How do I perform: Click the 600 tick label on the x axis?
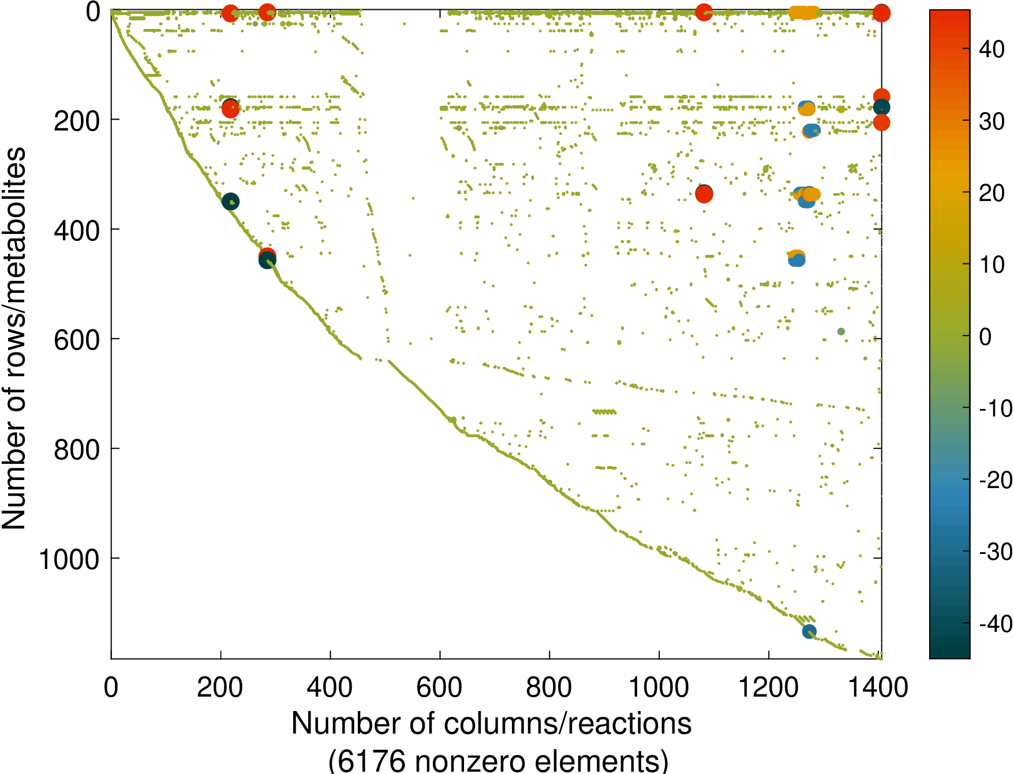(439, 688)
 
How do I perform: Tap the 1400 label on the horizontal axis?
(878, 688)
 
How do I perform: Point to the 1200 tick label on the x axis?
(768, 688)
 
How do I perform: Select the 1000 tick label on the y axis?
(69, 559)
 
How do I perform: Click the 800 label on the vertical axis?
(77, 449)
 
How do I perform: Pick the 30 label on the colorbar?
(992, 121)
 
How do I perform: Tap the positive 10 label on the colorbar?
(992, 265)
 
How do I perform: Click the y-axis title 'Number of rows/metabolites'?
(14, 338)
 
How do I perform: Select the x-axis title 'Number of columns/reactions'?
(491, 723)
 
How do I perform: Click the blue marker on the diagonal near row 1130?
(809, 631)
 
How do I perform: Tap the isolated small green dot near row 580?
(841, 332)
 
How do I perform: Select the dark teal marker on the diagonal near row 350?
(230, 202)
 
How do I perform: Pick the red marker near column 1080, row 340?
(704, 195)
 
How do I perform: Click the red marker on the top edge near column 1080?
(704, 12)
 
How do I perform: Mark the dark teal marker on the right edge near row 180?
(881, 107)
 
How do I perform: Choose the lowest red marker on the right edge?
(881, 122)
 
